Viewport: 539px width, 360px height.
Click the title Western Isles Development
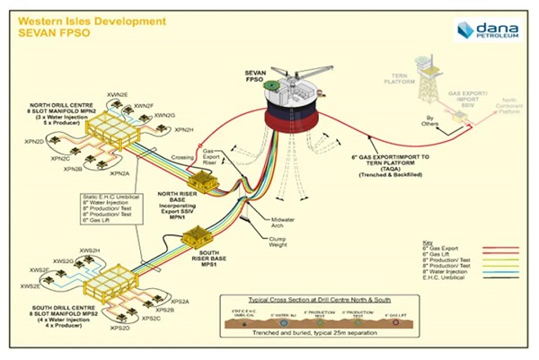point(88,17)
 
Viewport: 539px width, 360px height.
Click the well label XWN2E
point(117,94)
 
